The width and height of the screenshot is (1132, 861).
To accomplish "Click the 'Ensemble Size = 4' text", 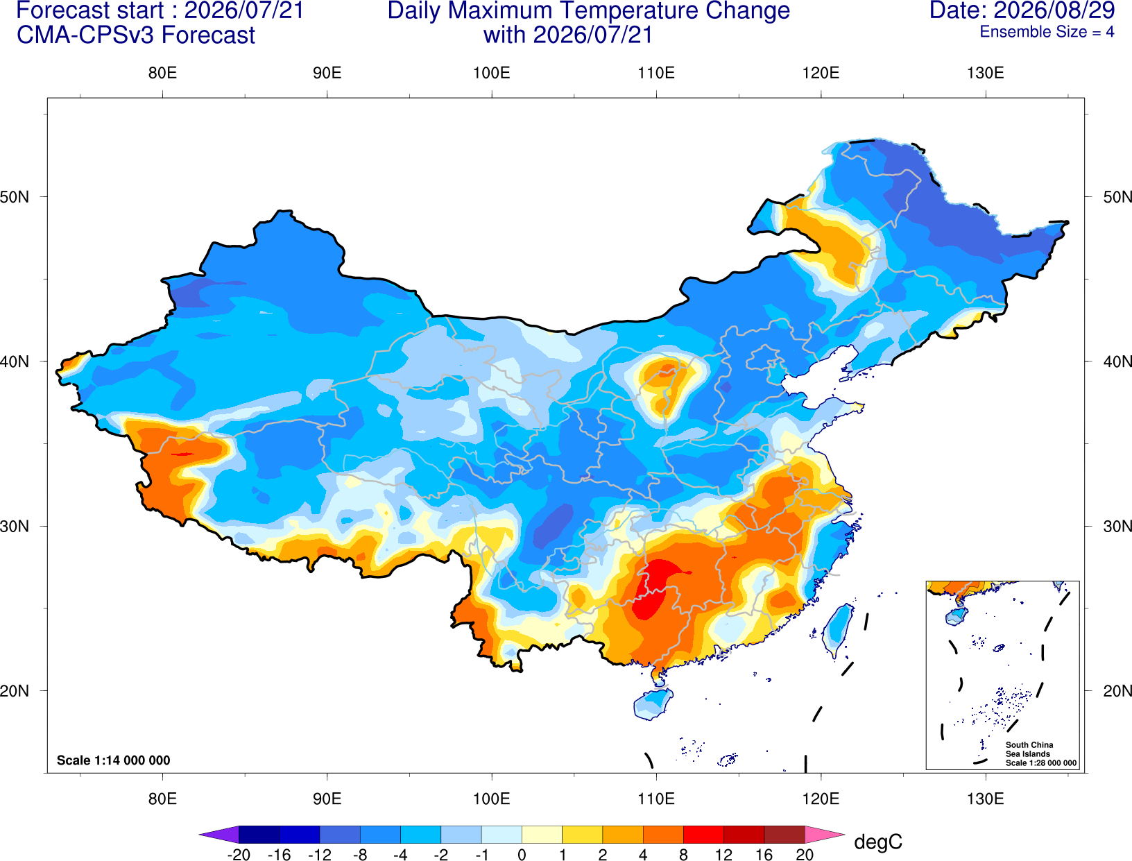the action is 1047,32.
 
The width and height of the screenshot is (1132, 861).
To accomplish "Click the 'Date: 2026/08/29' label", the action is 1022,10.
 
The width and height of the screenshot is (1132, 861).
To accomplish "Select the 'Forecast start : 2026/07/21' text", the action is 160,10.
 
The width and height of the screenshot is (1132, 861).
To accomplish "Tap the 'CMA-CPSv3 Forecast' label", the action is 136,35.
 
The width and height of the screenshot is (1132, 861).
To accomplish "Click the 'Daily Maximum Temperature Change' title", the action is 588,11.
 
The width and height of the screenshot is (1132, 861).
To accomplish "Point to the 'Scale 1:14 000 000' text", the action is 113,760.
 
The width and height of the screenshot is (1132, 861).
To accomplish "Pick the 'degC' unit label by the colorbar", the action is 877,842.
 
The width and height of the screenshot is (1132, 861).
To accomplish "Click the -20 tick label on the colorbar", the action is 239,855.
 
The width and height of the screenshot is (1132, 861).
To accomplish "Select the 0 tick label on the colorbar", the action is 522,855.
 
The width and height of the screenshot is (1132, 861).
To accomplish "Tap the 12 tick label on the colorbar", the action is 723,855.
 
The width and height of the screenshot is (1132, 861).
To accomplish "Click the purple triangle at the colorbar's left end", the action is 219,834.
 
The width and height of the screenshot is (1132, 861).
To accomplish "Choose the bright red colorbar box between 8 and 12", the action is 703,834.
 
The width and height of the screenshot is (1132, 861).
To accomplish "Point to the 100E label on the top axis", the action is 492,73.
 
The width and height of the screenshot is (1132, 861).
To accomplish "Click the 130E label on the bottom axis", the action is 985,799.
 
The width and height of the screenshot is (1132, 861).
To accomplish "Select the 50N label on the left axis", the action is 15,196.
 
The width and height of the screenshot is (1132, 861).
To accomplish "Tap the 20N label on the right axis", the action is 1117,691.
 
